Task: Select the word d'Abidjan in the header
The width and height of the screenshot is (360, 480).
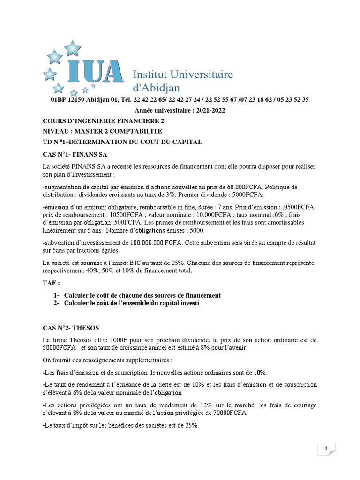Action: click(157, 88)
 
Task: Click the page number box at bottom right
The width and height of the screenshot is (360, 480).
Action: click(325, 450)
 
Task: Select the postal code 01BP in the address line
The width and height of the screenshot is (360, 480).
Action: click(58, 100)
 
